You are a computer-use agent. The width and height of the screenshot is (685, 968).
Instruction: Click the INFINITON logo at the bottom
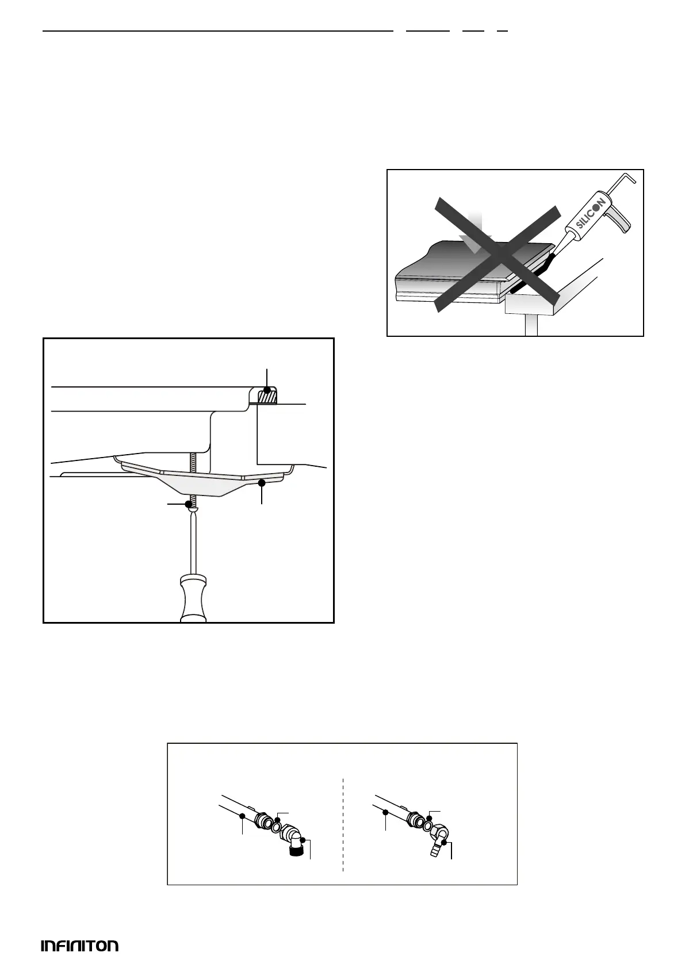[79, 946]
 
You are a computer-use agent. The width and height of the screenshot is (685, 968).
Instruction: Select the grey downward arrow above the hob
[477, 232]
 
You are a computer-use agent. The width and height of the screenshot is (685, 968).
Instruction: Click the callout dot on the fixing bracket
[262, 483]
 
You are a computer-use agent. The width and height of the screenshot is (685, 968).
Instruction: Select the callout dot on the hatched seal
[267, 390]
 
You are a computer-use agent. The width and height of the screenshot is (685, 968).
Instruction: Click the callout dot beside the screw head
[188, 504]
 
